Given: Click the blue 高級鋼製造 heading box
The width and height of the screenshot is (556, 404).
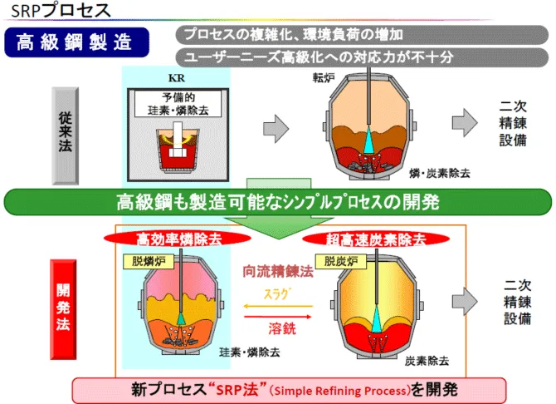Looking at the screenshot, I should [77, 42].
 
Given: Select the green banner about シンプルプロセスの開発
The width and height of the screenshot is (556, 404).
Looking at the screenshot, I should [277, 202].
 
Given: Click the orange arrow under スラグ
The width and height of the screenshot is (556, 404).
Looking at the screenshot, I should [277, 307].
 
